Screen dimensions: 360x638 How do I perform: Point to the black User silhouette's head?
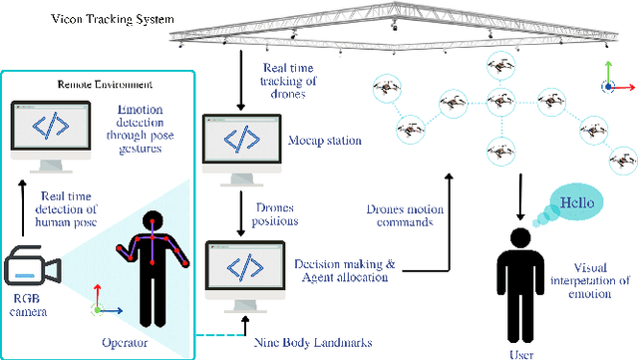[x=518, y=240]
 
